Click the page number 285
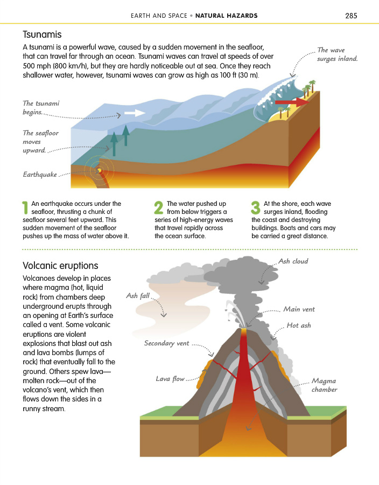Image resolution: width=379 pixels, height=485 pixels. (351, 16)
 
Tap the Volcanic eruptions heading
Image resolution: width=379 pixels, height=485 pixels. (60, 266)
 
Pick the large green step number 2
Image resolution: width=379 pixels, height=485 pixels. (158, 209)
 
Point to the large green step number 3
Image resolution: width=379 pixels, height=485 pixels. (256, 209)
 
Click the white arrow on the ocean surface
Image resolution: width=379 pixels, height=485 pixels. (134, 113)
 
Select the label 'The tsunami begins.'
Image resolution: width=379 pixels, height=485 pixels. (41, 108)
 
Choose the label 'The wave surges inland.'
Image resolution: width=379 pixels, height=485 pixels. (337, 54)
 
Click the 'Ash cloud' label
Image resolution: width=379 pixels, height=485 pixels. (293, 261)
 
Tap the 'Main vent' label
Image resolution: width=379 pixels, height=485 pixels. (299, 309)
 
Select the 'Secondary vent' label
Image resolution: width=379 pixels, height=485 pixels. (166, 343)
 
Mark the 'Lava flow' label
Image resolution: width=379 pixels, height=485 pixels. (170, 379)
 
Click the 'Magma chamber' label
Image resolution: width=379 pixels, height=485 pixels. (324, 385)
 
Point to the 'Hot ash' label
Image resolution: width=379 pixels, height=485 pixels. (299, 325)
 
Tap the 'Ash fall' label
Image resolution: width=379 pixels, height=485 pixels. (138, 296)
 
